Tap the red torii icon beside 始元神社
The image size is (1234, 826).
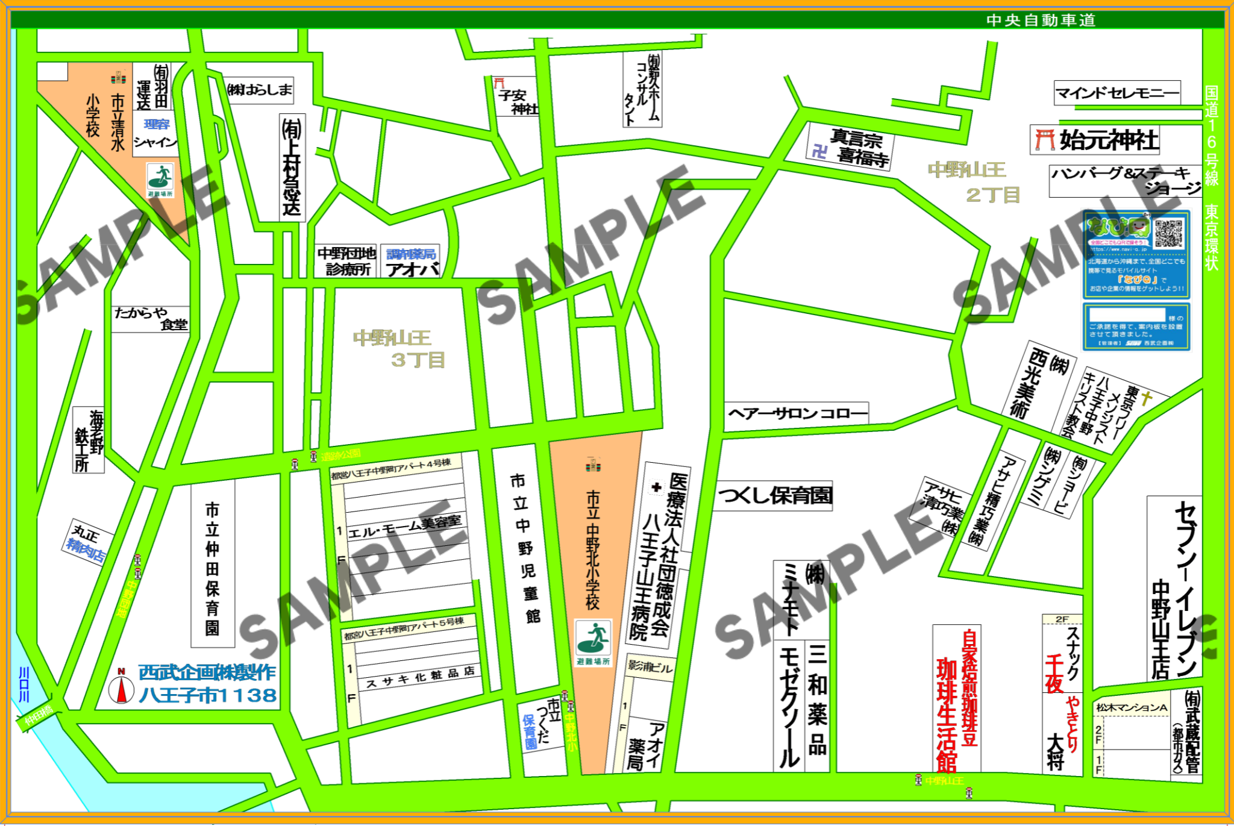pyautogui.click(x=1044, y=140)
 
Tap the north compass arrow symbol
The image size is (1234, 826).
pyautogui.click(x=121, y=689)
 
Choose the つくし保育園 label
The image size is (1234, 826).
pyautogui.click(x=774, y=496)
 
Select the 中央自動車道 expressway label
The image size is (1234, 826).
pyautogui.click(x=1041, y=20)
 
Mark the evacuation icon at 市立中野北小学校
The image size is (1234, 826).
pyautogui.click(x=593, y=638)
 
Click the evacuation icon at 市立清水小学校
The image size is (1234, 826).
pyautogui.click(x=160, y=177)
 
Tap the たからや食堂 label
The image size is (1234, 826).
pyautogui.click(x=151, y=318)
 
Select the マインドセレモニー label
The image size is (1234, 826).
pyautogui.click(x=1117, y=93)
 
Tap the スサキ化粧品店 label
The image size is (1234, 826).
pyautogui.click(x=419, y=677)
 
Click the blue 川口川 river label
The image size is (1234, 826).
pyautogui.click(x=24, y=684)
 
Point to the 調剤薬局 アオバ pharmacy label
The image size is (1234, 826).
pyautogui.click(x=410, y=261)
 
